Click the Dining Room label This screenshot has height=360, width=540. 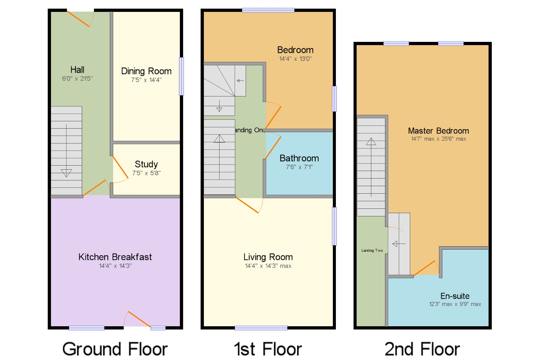pos(146,71)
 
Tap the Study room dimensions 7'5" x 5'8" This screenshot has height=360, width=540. pos(146,173)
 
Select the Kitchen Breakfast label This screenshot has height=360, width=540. pos(115,257)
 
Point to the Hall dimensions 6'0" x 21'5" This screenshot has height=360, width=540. pos(77,79)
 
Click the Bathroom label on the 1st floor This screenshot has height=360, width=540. pos(299,158)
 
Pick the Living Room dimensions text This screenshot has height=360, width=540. pos(268,266)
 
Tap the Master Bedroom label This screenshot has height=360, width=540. pos(438,131)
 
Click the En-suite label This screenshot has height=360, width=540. pos(455,296)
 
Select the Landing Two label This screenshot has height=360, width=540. pos(372,250)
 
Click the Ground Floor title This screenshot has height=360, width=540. pos(115,349)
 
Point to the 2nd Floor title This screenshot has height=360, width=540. pos(422,349)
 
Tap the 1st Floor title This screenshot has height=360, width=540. pos(268,349)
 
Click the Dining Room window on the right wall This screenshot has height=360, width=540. pos(181,76)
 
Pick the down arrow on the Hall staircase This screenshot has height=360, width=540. pos(66,151)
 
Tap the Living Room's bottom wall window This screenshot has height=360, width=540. pos(261,328)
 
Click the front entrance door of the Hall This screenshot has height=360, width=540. pos(78,19)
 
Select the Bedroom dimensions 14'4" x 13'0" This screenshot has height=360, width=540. pos(295,59)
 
